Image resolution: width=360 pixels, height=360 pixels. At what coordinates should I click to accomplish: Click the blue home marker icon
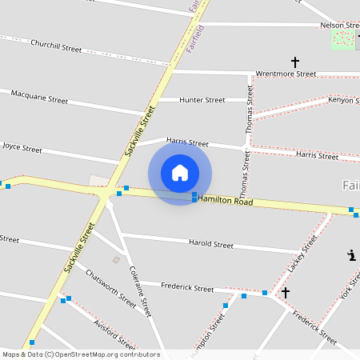(180, 173)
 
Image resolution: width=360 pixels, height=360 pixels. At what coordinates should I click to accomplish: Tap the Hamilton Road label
(226, 200)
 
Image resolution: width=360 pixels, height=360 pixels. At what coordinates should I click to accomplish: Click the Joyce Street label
(22, 148)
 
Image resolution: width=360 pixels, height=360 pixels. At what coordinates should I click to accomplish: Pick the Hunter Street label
(202, 100)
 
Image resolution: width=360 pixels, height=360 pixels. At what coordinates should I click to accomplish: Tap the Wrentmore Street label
(286, 74)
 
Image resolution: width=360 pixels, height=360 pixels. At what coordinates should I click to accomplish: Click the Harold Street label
(211, 244)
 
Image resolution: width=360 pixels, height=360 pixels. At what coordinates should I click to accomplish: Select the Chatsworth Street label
(111, 288)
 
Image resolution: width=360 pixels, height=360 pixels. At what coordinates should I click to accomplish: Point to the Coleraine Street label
(140, 291)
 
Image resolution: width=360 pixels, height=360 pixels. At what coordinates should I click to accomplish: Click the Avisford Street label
(111, 333)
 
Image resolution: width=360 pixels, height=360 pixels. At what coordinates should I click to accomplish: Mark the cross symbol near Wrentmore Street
(294, 62)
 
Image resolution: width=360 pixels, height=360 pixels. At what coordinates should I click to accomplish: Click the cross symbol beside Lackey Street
(285, 293)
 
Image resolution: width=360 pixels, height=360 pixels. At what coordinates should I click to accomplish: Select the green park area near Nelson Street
(343, 38)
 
